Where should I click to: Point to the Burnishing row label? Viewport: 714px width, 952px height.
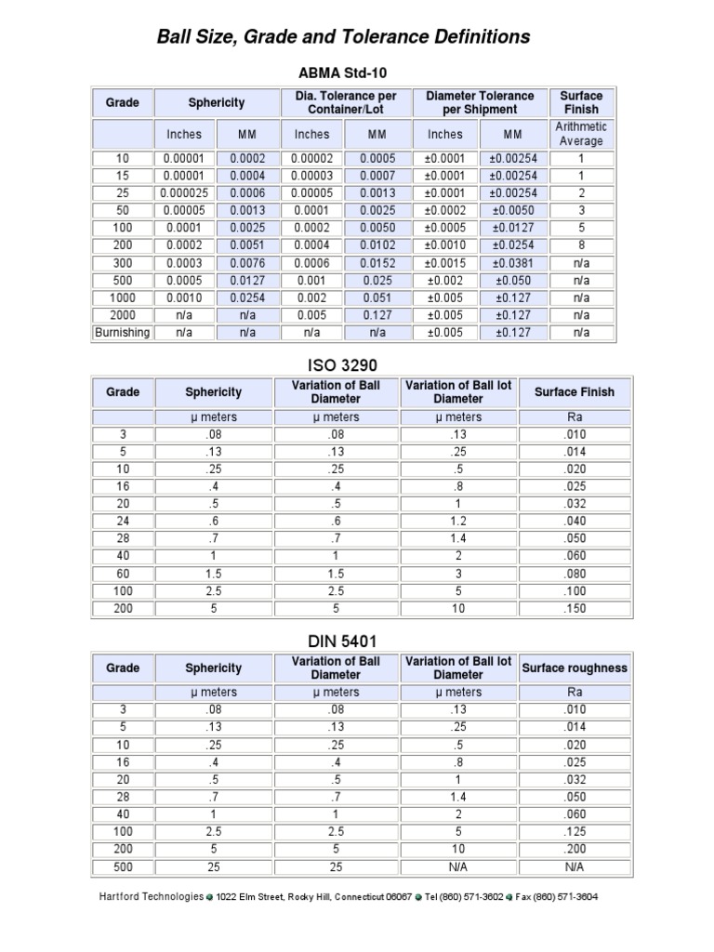click(122, 332)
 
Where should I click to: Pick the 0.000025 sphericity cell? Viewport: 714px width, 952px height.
click(184, 192)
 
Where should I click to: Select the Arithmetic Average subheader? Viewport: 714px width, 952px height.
click(581, 134)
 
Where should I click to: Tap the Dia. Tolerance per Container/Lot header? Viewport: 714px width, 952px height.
click(345, 102)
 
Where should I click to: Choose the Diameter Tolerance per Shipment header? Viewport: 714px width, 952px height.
click(480, 102)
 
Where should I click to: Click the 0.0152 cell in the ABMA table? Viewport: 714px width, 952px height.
click(377, 262)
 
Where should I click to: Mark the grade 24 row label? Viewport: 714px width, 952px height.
click(123, 522)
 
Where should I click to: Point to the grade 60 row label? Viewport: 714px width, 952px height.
click(123, 574)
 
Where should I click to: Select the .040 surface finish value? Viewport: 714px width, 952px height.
click(575, 522)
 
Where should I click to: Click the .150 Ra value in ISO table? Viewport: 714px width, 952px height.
click(575, 609)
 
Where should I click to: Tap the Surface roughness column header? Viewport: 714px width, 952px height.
click(575, 668)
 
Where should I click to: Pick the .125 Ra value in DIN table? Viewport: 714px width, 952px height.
click(575, 831)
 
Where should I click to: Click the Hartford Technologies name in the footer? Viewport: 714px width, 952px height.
click(151, 896)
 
